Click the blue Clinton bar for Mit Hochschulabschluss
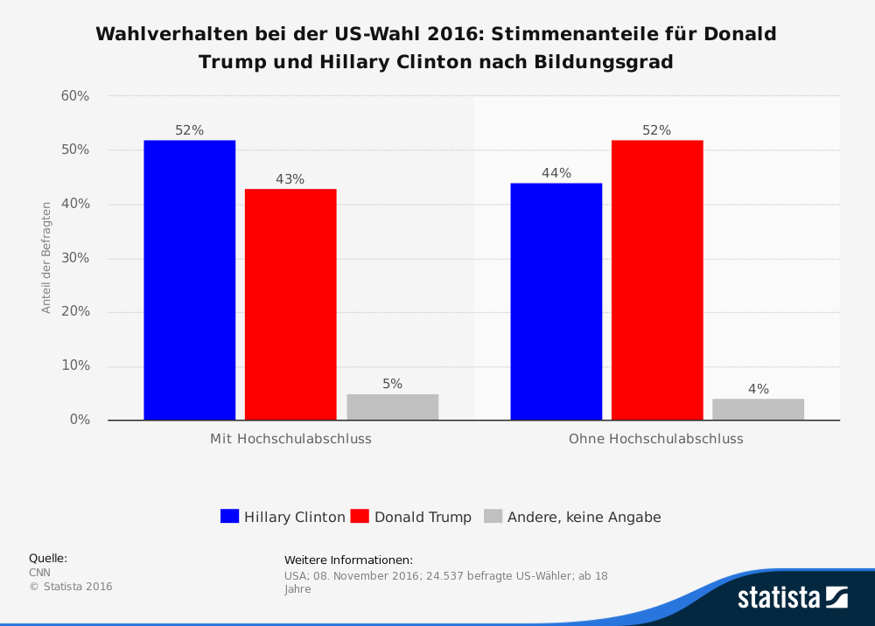click(x=190, y=280)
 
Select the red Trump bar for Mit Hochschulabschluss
click(x=290, y=304)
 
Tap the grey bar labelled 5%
click(x=392, y=407)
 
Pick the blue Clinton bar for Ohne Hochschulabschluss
click(x=556, y=302)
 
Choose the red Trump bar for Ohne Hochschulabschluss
click(x=657, y=280)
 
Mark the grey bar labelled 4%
click(x=758, y=409)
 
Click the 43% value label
click(x=290, y=179)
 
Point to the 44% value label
click(x=556, y=173)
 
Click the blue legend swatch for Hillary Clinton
click(x=229, y=517)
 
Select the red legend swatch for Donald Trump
click(x=359, y=517)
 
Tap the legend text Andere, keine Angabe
click(x=584, y=517)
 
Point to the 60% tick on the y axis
click(x=75, y=96)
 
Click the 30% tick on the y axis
click(x=75, y=258)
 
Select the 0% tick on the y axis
click(x=80, y=420)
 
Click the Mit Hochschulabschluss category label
click(x=290, y=439)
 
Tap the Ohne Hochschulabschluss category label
click(x=656, y=439)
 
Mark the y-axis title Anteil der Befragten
click(x=46, y=258)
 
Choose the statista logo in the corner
click(x=792, y=597)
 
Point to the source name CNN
click(x=40, y=573)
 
